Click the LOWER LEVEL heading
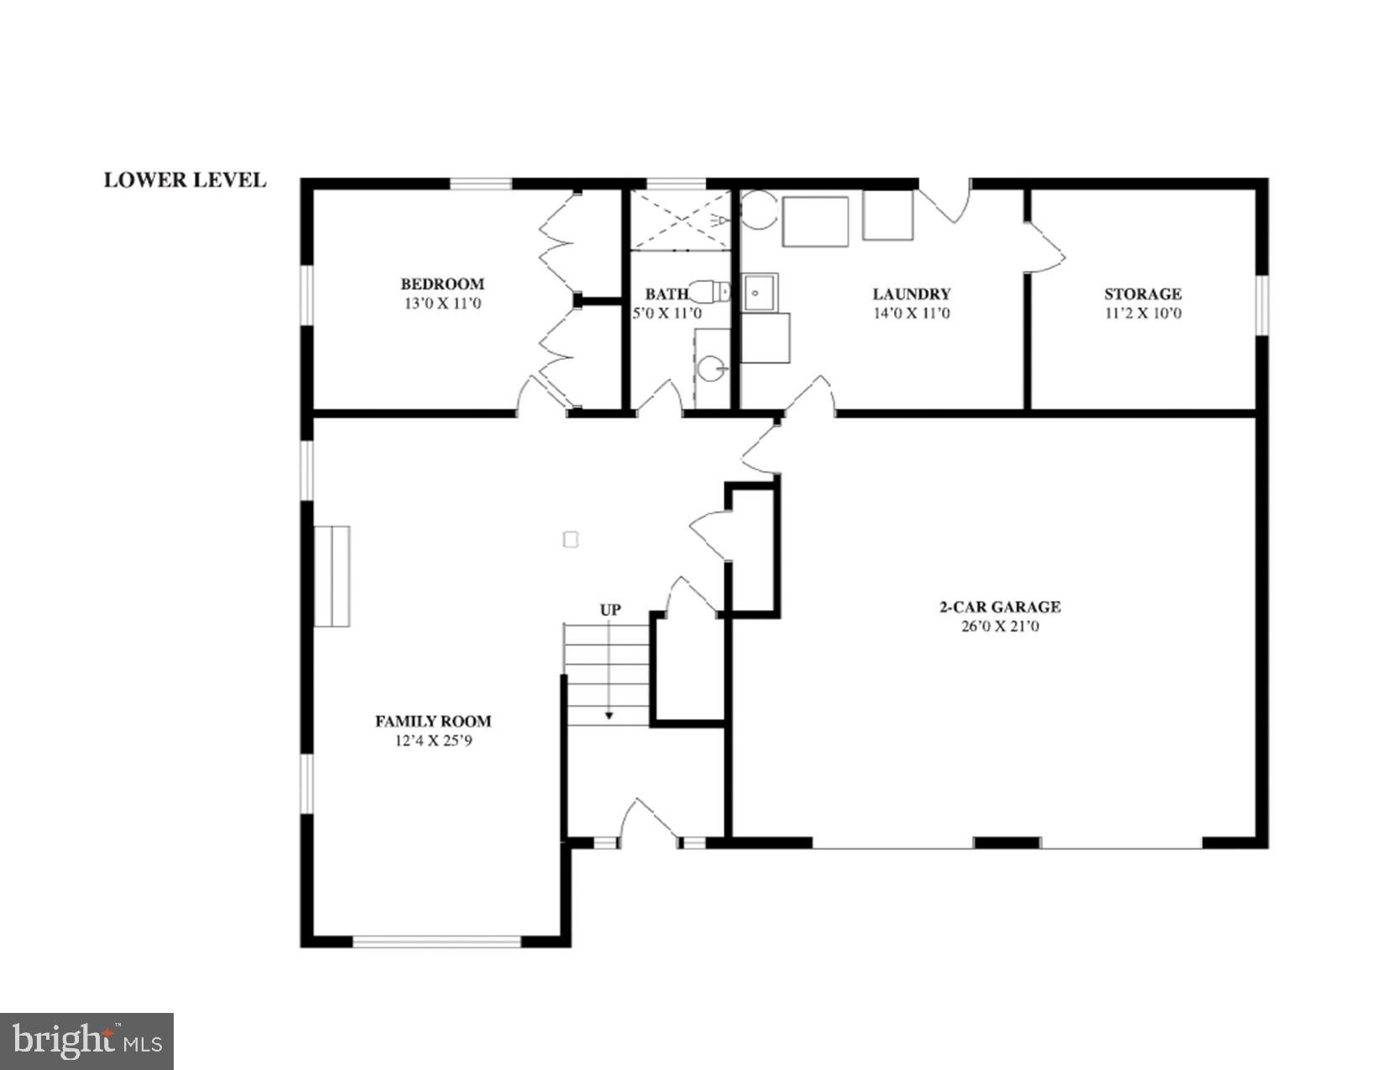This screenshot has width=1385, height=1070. pos(185,180)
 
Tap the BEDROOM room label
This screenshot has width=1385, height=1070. pos(442,284)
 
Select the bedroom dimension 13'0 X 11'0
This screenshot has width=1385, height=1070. pos(442,304)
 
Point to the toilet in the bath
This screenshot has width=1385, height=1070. pos(716,292)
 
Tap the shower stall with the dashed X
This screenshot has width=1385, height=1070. pos(681,221)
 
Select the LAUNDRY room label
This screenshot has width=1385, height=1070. pos(911,294)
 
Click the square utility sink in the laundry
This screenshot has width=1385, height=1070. pos(760,292)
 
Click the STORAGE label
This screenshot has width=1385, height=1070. pos(1142,294)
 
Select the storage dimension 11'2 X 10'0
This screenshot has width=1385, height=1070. pos(1142,314)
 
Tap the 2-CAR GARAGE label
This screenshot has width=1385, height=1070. pos(999,607)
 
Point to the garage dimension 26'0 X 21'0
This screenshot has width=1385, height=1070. pos(999,626)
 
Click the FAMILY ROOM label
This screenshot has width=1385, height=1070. pos(433,721)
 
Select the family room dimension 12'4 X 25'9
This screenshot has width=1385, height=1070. pos(433,741)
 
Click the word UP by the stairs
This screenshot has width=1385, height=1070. pos(610,609)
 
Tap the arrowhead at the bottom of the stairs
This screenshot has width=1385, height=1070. pos(609,716)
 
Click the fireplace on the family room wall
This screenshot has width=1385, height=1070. pos(332,576)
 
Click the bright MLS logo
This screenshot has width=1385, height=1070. pos(87,1041)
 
